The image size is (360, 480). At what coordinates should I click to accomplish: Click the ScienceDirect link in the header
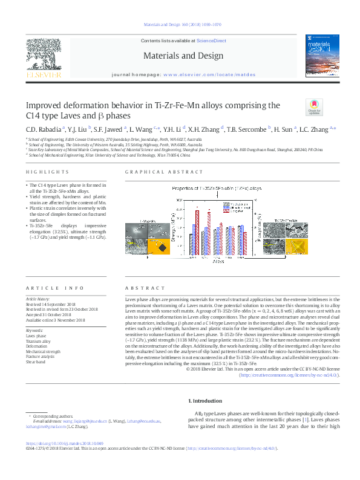[x=211, y=41]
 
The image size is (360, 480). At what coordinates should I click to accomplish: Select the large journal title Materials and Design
[x=180, y=55]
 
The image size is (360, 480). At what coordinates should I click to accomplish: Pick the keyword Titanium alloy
[x=38, y=342]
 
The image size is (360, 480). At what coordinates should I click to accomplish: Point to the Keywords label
[x=34, y=331]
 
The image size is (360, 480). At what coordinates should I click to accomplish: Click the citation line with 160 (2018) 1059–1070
[x=182, y=25]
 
